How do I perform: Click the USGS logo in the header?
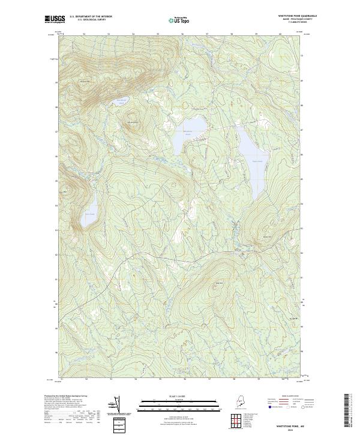point(55,19)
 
